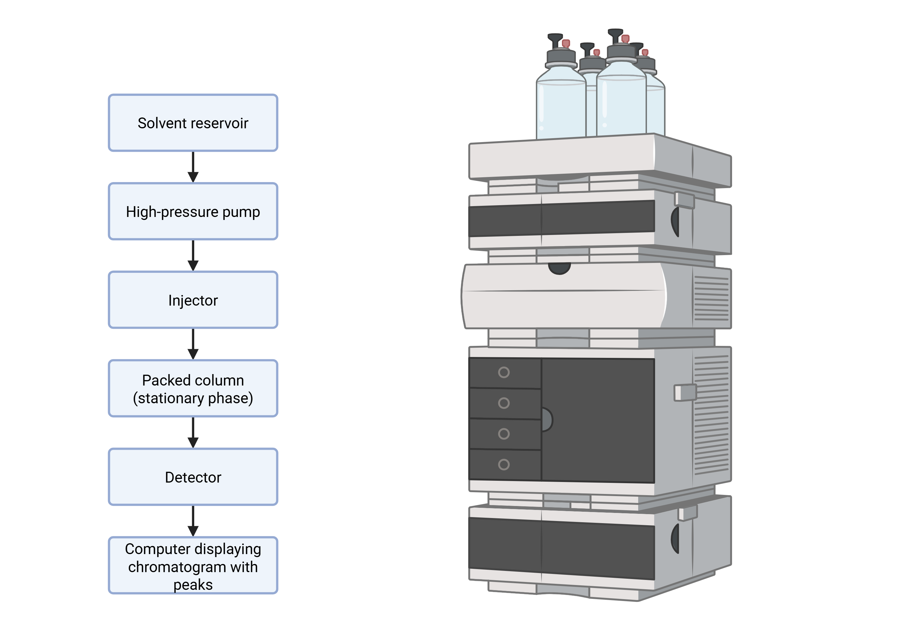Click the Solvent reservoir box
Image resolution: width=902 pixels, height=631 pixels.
(193, 123)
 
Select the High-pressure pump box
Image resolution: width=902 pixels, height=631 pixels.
(193, 211)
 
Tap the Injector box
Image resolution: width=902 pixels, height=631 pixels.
(193, 300)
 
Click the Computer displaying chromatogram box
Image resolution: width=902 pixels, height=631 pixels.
(193, 565)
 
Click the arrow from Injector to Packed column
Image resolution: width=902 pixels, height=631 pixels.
(193, 344)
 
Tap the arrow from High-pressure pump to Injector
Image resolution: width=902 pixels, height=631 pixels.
(193, 256)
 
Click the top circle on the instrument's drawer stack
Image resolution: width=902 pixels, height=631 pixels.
(504, 372)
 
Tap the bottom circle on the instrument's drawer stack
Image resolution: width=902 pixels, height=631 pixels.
(504, 465)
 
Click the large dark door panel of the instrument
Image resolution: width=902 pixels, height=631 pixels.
(601, 420)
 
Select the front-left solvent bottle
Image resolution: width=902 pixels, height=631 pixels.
(561, 106)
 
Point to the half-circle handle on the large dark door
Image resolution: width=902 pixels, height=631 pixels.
(547, 420)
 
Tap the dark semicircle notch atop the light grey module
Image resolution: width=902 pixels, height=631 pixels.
(560, 268)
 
